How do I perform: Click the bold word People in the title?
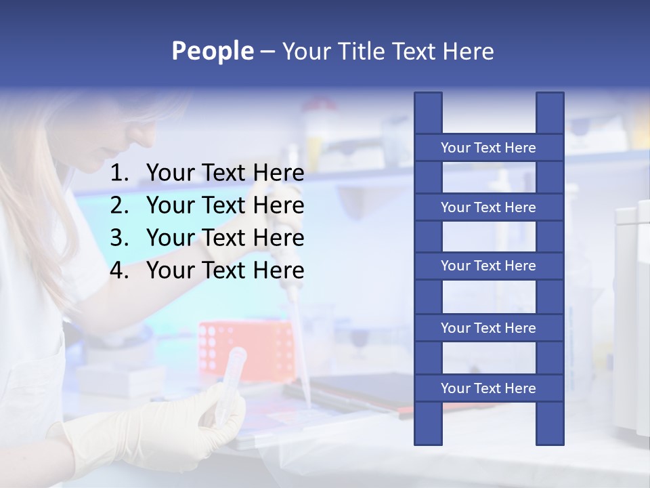[x=213, y=51]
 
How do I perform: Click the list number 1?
[x=119, y=174]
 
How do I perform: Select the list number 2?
[x=119, y=205]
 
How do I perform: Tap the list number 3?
[x=119, y=238]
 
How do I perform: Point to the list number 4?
[x=119, y=270]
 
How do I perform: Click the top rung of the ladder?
[x=488, y=148]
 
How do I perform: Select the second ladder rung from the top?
[x=488, y=207]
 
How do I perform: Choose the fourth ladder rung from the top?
[x=488, y=328]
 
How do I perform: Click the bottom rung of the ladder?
[x=488, y=388]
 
